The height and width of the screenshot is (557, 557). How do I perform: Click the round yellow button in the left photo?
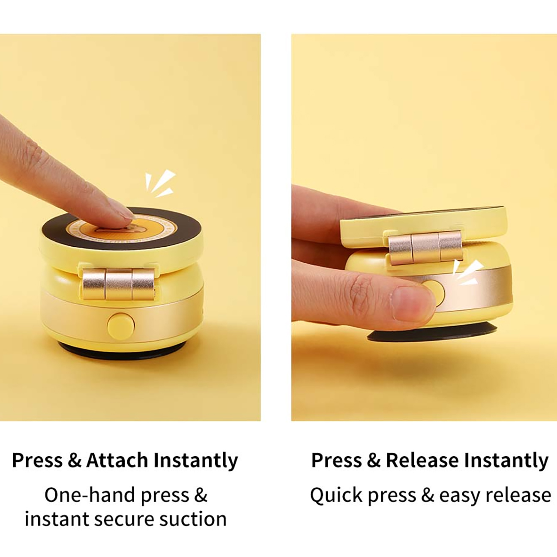click(x=121, y=326)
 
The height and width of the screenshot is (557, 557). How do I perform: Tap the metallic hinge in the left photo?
click(x=118, y=284)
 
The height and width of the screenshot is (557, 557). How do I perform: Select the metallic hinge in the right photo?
click(x=425, y=249)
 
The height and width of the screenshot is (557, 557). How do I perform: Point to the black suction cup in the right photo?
click(x=432, y=332)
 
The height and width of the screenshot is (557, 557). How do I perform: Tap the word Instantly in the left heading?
click(x=196, y=461)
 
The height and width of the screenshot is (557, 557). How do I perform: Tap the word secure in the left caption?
click(x=125, y=520)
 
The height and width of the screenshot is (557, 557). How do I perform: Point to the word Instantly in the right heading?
click(x=506, y=461)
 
